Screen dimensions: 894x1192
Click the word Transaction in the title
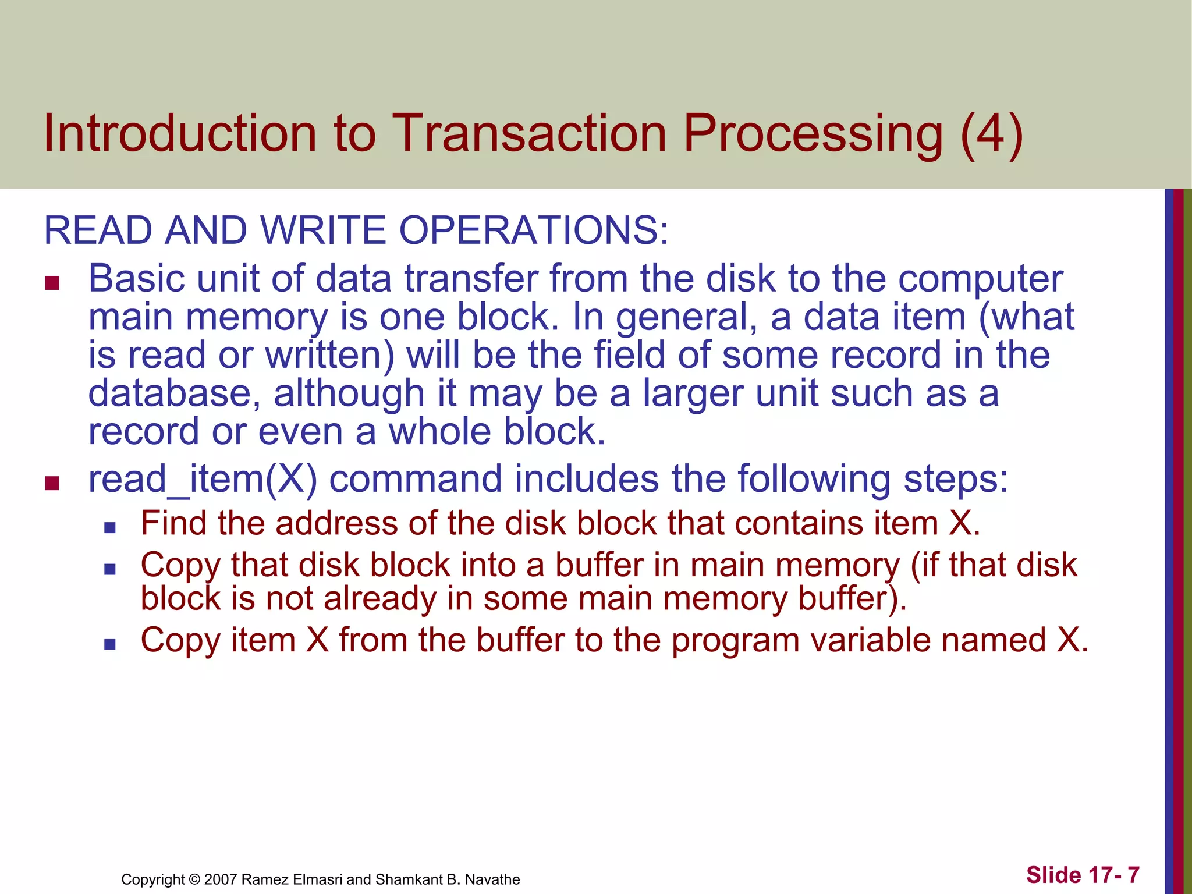click(x=530, y=134)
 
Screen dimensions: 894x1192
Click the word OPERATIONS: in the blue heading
click(x=534, y=230)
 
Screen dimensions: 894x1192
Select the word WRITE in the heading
click(x=323, y=230)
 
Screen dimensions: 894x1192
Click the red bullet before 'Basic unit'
click(x=52, y=283)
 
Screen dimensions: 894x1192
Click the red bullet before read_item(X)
click(x=52, y=483)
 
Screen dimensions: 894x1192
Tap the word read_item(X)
click(x=203, y=480)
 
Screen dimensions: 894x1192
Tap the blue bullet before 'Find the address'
click(x=110, y=528)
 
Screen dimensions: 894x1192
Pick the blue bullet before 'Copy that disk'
click(x=110, y=569)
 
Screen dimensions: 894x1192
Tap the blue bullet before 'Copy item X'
click(x=110, y=644)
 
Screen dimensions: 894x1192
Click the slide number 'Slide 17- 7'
click(x=1082, y=875)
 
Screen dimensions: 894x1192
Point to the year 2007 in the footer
click(x=221, y=879)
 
